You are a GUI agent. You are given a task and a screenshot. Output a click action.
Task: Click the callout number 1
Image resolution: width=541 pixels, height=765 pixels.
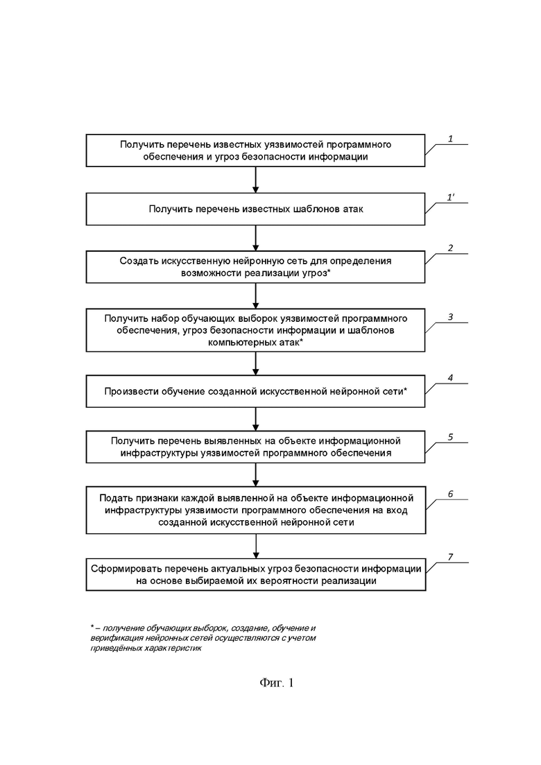click(x=450, y=139)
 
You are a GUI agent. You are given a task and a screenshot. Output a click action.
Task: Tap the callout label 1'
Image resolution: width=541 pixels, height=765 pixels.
click(x=451, y=197)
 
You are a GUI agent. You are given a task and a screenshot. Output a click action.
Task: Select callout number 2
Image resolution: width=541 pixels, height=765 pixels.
click(x=450, y=248)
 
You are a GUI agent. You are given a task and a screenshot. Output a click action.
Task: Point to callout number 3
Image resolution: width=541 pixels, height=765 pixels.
click(x=450, y=317)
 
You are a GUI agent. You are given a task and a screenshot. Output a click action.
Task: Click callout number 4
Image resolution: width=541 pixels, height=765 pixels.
click(x=450, y=377)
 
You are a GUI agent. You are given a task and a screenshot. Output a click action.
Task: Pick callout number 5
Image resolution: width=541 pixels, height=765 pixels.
click(x=450, y=437)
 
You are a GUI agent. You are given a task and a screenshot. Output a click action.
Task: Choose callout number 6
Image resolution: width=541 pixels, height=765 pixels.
click(x=450, y=494)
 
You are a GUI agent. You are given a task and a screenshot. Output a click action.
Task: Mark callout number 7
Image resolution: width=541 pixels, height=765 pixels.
click(x=450, y=557)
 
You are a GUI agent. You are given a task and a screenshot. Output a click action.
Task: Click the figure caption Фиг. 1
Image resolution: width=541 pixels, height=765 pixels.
click(x=277, y=682)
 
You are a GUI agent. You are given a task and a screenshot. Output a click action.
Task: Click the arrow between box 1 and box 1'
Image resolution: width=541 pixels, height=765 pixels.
click(x=256, y=180)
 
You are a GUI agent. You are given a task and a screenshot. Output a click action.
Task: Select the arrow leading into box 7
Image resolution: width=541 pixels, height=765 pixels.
click(x=256, y=546)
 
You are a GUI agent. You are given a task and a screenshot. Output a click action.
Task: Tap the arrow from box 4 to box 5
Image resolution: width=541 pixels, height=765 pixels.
click(x=256, y=419)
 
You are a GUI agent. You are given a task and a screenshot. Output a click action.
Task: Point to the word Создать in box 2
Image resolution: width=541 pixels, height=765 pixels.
click(x=137, y=261)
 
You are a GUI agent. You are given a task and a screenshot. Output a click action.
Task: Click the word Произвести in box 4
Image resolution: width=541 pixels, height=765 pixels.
click(x=129, y=391)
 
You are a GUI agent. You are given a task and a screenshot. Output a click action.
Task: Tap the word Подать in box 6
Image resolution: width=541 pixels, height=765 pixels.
click(x=115, y=498)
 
